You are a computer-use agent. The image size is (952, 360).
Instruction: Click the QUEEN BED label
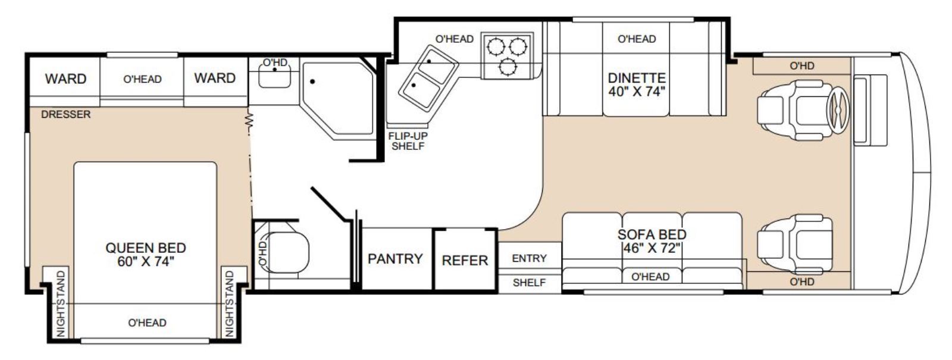[146, 248]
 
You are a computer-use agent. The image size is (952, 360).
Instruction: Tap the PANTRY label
[395, 258]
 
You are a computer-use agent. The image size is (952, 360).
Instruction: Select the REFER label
[465, 260]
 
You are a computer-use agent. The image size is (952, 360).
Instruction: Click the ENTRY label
[529, 258]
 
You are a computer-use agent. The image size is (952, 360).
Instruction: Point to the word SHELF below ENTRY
[529, 283]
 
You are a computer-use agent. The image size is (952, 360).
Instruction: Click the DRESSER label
[66, 114]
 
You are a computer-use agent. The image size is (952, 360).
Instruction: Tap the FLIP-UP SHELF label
[408, 141]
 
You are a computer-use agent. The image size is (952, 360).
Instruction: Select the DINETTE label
[637, 78]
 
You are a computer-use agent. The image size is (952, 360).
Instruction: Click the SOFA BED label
[652, 234]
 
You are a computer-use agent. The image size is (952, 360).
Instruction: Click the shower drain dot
[312, 81]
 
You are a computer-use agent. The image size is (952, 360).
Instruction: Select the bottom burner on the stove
[508, 67]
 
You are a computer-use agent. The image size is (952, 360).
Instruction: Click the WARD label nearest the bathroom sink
[215, 78]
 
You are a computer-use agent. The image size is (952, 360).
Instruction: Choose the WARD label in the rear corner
[65, 79]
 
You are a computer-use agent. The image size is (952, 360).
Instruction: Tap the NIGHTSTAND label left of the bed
[61, 304]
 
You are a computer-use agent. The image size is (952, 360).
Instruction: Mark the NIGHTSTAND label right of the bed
[230, 304]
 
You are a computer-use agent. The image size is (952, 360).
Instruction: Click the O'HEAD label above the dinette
[637, 39]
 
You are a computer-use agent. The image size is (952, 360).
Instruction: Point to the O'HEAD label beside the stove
[455, 39]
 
